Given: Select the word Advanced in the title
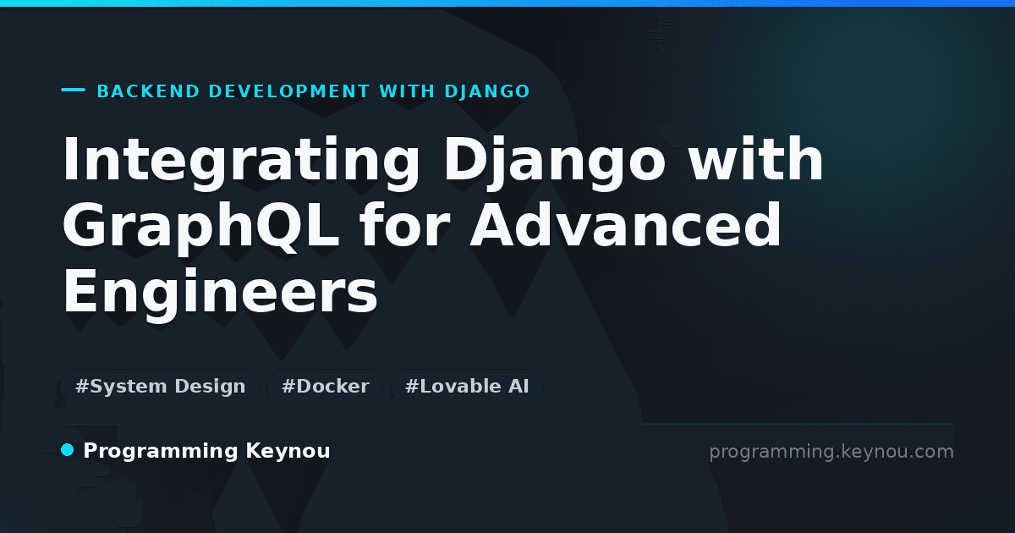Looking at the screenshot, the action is [x=625, y=225].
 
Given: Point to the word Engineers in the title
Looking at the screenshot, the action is [x=220, y=294].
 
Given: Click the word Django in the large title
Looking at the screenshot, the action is [x=554, y=163].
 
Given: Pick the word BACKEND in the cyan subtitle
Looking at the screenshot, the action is [x=148, y=91].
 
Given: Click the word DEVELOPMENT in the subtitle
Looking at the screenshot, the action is [x=289, y=91].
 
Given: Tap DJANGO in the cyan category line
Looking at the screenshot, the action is [x=487, y=91].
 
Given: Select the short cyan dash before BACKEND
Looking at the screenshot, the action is [x=73, y=90].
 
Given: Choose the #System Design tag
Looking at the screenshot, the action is [x=161, y=386].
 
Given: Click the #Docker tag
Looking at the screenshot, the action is [x=326, y=386].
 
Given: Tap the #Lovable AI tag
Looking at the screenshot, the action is [x=467, y=386].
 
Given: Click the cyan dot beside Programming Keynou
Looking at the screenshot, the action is [x=68, y=450].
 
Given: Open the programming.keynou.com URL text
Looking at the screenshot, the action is [x=831, y=452].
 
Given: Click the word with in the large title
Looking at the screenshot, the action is [x=755, y=160].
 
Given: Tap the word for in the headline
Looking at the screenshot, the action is [x=404, y=225].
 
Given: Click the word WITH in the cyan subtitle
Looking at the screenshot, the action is [x=407, y=91].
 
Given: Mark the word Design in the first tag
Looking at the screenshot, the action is [x=210, y=387].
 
